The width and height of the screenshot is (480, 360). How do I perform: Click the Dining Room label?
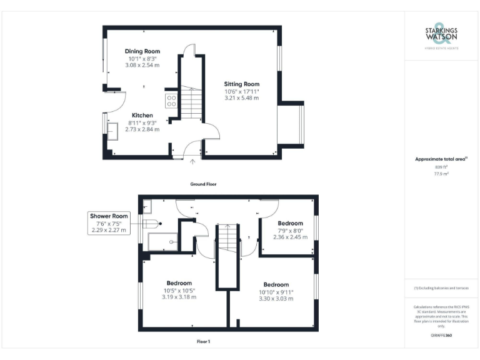[x=142, y=51]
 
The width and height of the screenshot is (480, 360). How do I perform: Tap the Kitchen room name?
[x=142, y=116]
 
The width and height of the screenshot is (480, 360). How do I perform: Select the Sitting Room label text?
[x=242, y=84]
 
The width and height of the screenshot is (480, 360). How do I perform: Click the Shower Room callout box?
[x=109, y=223]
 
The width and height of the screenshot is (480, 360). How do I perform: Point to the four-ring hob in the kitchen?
[x=171, y=101]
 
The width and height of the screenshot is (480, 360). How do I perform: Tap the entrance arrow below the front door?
[x=192, y=162]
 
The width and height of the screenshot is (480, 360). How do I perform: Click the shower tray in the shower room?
[x=164, y=242]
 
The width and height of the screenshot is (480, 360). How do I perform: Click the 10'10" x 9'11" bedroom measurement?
[x=276, y=291]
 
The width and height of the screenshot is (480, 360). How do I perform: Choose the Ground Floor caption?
[x=204, y=184]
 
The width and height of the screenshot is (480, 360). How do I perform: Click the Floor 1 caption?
[x=203, y=342]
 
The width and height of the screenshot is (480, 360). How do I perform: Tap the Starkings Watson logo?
[x=441, y=36]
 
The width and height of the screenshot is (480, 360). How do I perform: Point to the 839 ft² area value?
[x=441, y=167]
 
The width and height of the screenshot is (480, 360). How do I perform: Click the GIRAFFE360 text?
[x=441, y=336]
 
